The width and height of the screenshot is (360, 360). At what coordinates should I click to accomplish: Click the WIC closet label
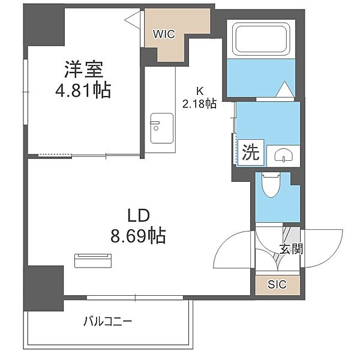coord(164,34)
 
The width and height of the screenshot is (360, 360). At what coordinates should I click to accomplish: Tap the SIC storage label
coord(277,284)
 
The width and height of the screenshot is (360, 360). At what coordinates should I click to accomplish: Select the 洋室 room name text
coord(83,69)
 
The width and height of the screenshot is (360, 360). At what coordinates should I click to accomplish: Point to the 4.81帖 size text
coord(83,90)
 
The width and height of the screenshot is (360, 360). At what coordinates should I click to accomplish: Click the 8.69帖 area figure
coord(138,235)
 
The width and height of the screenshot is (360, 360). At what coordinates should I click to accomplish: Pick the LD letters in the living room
coord(139,216)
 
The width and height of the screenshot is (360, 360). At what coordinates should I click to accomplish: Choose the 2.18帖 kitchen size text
coord(199,104)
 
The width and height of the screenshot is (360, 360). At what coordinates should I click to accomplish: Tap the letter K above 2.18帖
coord(200,91)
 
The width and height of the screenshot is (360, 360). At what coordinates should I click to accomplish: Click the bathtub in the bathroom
coord(261,39)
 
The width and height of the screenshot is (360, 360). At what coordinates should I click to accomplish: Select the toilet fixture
coord(271,185)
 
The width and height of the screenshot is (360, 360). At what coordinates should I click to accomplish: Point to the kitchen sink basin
coord(161,128)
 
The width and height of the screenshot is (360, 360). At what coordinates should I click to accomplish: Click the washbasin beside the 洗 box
coord(284,155)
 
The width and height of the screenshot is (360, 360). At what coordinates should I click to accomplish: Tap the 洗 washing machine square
coord(251,152)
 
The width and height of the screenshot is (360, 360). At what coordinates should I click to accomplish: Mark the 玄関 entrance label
coord(291,248)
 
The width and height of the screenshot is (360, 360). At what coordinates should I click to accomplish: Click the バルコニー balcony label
coord(107,321)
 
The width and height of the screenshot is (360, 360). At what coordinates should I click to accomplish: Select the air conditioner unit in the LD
coord(93,260)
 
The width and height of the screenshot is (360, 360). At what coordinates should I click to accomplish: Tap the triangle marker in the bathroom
coord(284,89)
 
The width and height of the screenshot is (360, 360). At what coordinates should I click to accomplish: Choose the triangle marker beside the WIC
coord(133,20)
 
